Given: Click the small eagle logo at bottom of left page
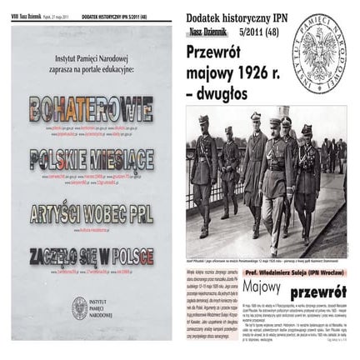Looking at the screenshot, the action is tap(80, 307).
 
